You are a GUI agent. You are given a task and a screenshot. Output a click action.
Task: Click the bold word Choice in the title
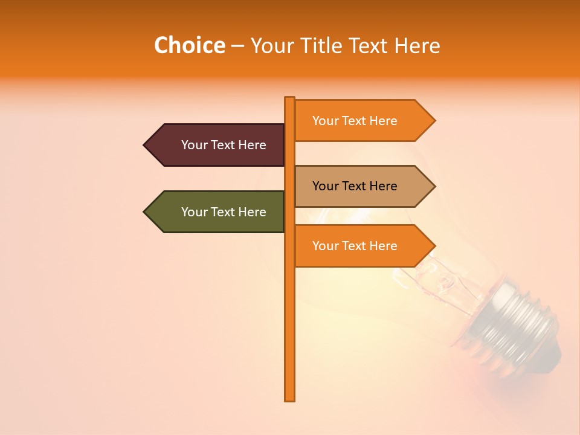pyautogui.click(x=189, y=45)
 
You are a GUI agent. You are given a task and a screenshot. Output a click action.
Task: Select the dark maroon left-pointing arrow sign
pyautogui.click(x=217, y=145)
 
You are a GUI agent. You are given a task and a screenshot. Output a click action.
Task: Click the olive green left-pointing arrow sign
pyautogui.click(x=217, y=211)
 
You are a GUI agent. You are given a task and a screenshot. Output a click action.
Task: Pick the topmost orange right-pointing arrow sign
pyautogui.click(x=359, y=120)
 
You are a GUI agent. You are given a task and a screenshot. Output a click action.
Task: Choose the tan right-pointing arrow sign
pyautogui.click(x=359, y=186)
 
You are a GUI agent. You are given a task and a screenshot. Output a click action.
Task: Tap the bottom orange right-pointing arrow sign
pyautogui.click(x=359, y=245)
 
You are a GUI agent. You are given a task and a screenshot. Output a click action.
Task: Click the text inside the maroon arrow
pyautogui.click(x=224, y=145)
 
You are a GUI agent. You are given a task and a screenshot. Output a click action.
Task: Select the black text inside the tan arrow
pyautogui.click(x=355, y=186)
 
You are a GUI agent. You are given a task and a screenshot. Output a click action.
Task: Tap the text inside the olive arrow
pyautogui.click(x=224, y=212)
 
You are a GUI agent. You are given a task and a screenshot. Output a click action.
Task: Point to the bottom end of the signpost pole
pyautogui.click(x=290, y=398)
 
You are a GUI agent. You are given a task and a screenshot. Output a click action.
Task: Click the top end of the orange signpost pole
pyautogui.click(x=290, y=99)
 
